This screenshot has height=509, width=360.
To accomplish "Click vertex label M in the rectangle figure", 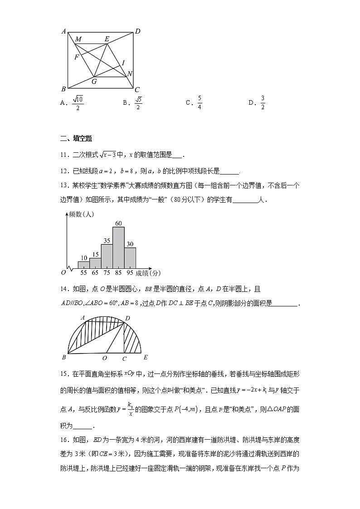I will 78,39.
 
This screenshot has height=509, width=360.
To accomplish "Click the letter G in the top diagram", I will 94,82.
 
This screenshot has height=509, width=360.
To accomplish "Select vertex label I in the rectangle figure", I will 123,63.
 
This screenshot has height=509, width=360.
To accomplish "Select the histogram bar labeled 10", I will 83,264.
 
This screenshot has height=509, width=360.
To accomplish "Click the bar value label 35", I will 107,241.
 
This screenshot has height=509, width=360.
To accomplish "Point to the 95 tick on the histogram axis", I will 130,273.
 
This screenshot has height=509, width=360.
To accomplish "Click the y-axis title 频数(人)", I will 81,215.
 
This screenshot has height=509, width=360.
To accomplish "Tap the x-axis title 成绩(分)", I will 148,273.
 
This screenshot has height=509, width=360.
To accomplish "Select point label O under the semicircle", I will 104,358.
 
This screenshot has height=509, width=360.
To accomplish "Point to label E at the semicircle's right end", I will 146,357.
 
